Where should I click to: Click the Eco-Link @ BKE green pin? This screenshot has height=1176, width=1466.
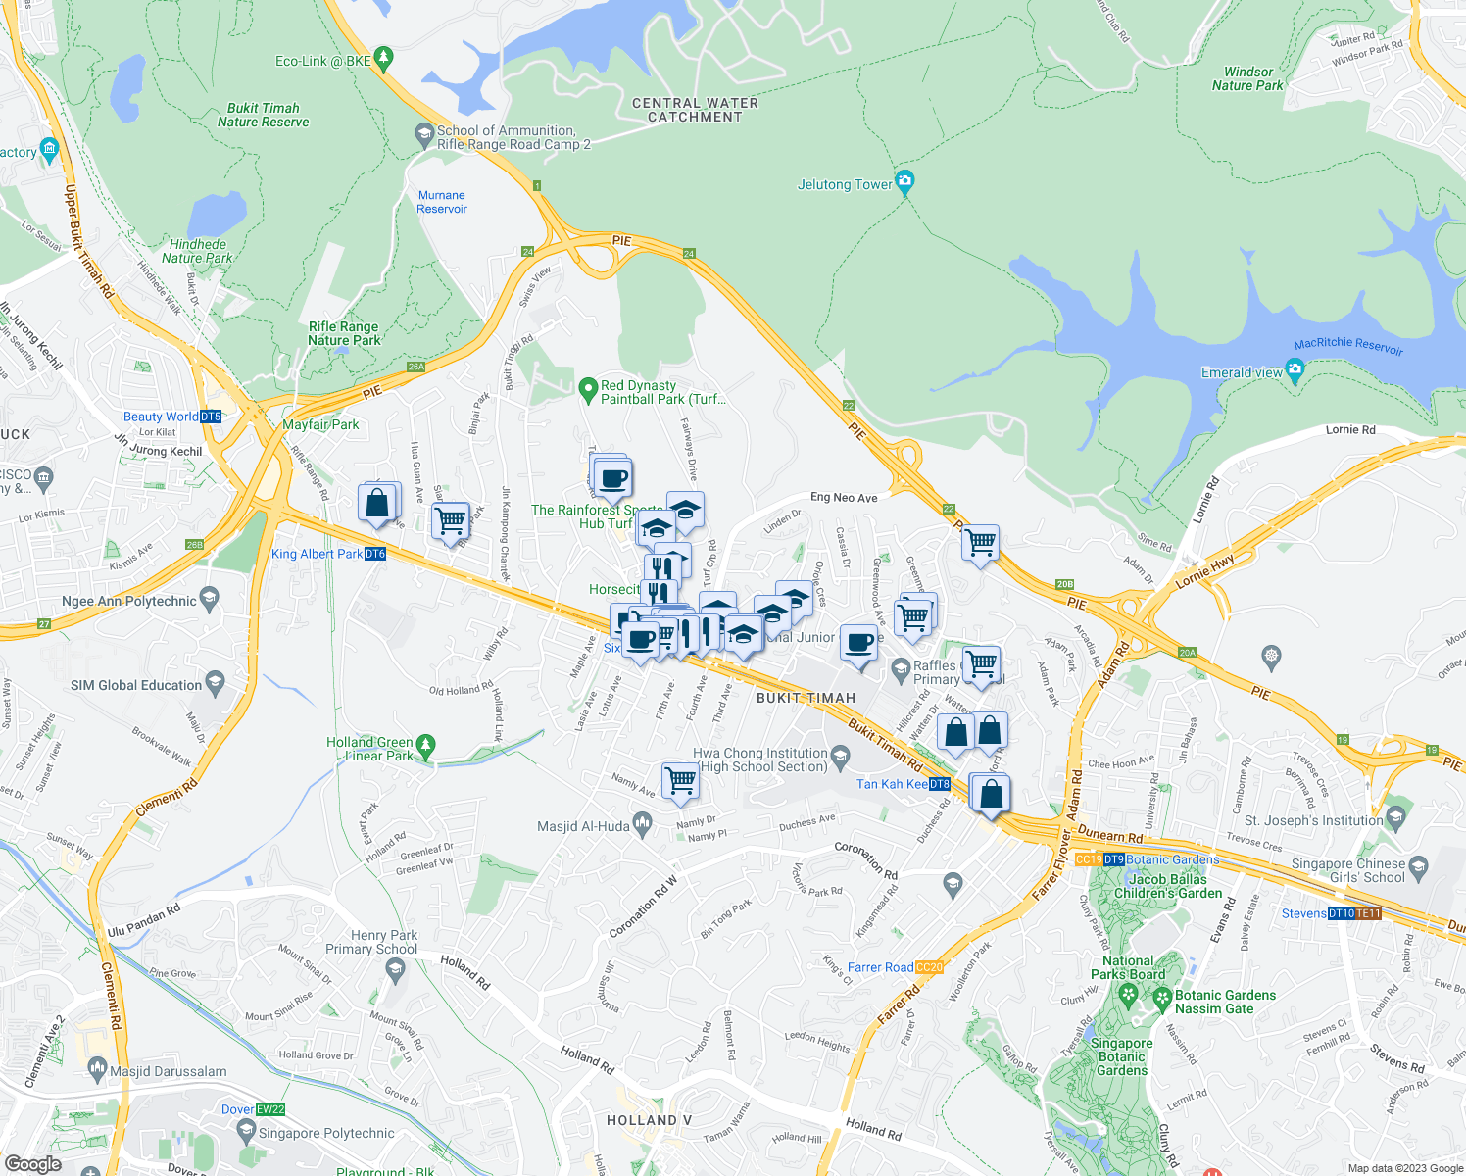(383, 60)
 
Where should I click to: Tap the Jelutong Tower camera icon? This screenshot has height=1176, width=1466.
(904, 181)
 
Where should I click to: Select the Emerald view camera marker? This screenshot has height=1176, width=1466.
(1295, 371)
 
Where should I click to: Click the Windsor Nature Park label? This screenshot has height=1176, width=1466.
(1247, 78)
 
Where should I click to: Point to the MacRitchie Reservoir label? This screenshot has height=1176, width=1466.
(1348, 345)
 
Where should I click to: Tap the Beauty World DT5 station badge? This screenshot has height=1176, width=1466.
(211, 416)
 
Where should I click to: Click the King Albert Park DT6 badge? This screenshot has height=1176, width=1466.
(375, 554)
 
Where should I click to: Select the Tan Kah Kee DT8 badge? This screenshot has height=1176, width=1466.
(940, 784)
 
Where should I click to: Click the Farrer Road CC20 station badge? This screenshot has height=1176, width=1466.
(930, 967)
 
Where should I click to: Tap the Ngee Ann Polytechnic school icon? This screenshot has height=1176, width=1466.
(208, 599)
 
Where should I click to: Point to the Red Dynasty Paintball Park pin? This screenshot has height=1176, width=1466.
(588, 390)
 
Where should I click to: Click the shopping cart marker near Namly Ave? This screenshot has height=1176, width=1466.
(680, 781)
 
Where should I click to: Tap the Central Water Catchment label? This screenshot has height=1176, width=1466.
(695, 110)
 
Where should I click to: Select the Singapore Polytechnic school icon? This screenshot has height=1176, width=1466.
(246, 1132)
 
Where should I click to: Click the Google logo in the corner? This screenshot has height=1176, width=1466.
(32, 1163)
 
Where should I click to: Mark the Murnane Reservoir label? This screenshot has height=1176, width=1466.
(442, 202)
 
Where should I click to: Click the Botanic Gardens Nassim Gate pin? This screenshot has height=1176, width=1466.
(1162, 1000)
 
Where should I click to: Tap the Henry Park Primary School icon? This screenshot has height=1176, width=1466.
(395, 970)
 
